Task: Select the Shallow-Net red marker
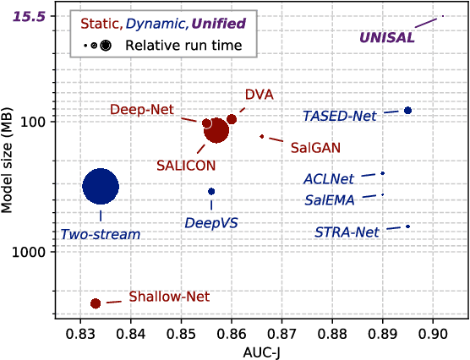pyautogui.click(x=96, y=303)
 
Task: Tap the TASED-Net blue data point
pyautogui.click(x=407, y=111)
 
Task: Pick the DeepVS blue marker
pyautogui.click(x=211, y=191)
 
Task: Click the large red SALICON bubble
pyautogui.click(x=217, y=130)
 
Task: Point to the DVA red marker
pyautogui.click(x=232, y=119)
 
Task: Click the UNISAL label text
pyautogui.click(x=387, y=38)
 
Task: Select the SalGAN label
pyautogui.click(x=315, y=147)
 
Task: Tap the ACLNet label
pyautogui.click(x=329, y=178)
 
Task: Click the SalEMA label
pyautogui.click(x=330, y=200)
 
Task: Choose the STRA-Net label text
pyautogui.click(x=346, y=232)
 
